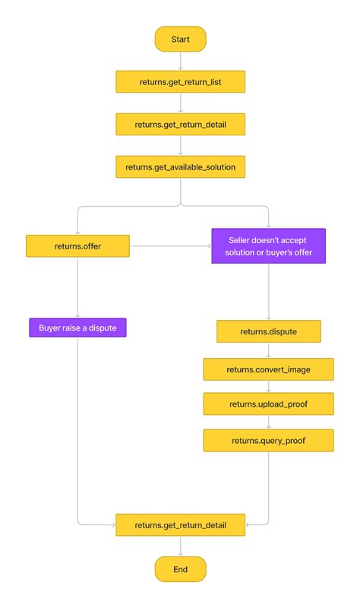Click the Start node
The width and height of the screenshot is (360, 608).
point(180,39)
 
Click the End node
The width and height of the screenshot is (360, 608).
point(180,568)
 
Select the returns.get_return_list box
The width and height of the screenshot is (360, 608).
point(180,81)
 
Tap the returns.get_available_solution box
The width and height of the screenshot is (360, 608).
point(180,166)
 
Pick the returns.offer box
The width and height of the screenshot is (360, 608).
point(78,246)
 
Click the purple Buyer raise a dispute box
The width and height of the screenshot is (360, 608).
point(77,328)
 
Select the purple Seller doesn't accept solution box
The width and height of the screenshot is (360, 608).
point(268,245)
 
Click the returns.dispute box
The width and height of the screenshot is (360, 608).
point(268,331)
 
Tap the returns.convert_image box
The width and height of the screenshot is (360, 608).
point(268,369)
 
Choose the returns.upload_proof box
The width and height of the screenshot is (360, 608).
point(268,404)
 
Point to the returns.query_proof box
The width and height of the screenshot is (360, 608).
point(268,440)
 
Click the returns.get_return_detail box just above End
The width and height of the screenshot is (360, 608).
point(180,524)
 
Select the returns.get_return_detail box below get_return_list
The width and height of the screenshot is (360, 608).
point(180,124)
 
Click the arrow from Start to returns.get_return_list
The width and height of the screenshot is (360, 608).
point(180,62)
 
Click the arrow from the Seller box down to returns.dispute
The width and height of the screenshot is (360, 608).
point(268,292)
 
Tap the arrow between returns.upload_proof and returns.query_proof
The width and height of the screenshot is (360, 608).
point(268,423)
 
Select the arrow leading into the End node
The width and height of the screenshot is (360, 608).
point(180,546)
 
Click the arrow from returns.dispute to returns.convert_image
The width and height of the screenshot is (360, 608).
point(268,350)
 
